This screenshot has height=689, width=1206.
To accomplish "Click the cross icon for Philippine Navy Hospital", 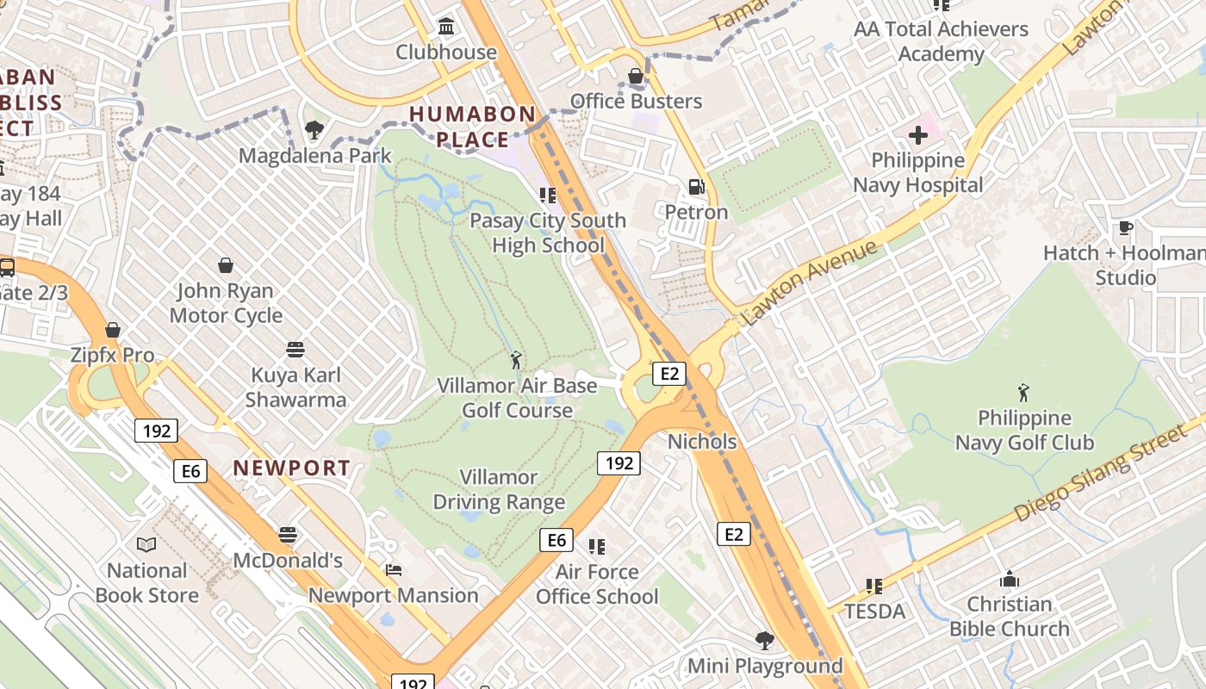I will coord(918,135).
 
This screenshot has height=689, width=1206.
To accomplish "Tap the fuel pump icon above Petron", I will coord(696,186).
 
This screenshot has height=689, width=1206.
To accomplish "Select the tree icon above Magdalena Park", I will coord(314,131).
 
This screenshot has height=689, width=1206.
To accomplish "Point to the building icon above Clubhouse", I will coord(446,27).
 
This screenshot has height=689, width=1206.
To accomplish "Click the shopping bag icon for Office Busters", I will coord(636,77).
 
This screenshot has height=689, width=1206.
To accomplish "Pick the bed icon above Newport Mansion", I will coord(394,570).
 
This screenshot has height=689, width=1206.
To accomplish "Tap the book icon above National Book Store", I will coord(146,544).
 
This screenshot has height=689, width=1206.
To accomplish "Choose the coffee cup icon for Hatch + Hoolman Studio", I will coord(1125,228).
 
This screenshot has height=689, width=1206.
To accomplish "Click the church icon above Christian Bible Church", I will coord(1009,579).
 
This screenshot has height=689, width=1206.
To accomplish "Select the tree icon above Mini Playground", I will coord(764,640).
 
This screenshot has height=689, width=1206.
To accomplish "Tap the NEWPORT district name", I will coord(292,469).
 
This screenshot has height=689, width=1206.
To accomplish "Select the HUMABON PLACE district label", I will coord(472,127).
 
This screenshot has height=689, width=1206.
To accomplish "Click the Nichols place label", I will coord(702,442).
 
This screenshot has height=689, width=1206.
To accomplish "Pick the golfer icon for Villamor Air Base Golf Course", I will coord(516,360).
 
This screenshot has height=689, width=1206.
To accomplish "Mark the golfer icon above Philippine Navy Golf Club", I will coord(1023,393).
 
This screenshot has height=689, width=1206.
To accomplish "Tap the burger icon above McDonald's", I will coord(288,535).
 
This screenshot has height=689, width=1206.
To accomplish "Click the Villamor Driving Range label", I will coord(499,489).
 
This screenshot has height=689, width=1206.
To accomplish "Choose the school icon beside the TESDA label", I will coord(874,587).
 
